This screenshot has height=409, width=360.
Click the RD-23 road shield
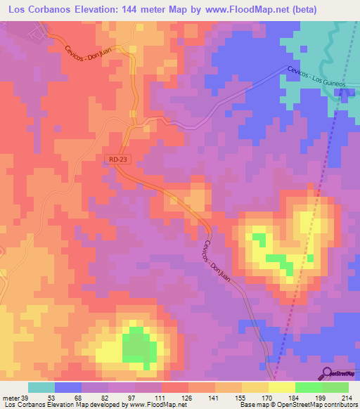(x=118, y=160)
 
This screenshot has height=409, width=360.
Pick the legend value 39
(x=25, y=398)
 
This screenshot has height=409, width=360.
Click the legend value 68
(x=69, y=398)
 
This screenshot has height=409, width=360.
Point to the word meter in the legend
(x=10, y=398)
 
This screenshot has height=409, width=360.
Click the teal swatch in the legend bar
(x=41, y=387)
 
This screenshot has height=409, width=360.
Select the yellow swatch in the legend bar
(x=282, y=387)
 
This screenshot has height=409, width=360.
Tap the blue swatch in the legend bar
(x=68, y=387)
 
